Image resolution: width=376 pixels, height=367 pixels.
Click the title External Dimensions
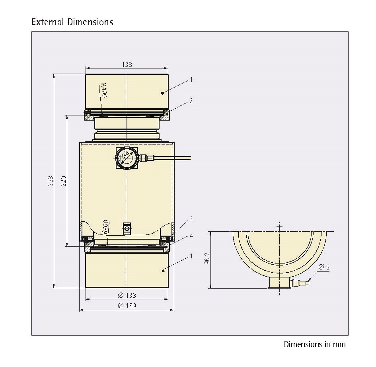(x=72, y=22)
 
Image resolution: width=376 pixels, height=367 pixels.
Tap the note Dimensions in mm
(x=314, y=344)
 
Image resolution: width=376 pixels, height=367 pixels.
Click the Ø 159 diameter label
(x=127, y=306)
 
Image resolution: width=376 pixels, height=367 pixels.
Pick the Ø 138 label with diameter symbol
(x=127, y=295)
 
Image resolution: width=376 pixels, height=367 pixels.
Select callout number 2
(x=191, y=101)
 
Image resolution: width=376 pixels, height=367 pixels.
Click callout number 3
(x=191, y=219)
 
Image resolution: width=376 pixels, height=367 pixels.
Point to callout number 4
(x=191, y=236)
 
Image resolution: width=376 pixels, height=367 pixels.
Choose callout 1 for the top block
(x=191, y=80)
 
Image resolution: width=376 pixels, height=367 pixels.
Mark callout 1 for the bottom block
(x=191, y=256)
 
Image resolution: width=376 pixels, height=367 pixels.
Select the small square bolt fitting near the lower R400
(x=127, y=228)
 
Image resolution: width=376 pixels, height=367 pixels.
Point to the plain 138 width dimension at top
(x=127, y=64)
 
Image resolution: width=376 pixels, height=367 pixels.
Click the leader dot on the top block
(x=163, y=93)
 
